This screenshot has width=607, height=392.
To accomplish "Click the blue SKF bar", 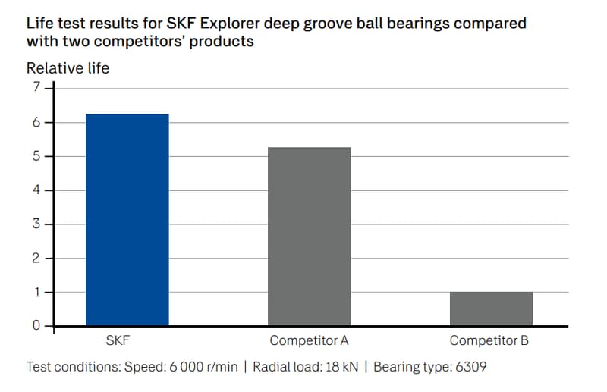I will (127, 220).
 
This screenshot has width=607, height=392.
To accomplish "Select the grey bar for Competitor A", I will (310, 237).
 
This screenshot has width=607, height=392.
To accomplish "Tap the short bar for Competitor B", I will (491, 309).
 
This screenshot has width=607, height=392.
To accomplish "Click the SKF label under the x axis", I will (127, 341).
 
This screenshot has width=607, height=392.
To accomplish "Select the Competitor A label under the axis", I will (310, 341).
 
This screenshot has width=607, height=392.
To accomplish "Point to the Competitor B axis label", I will (489, 341).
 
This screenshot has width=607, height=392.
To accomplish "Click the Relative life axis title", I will (68, 68).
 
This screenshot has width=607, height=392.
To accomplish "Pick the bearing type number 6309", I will (471, 368).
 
